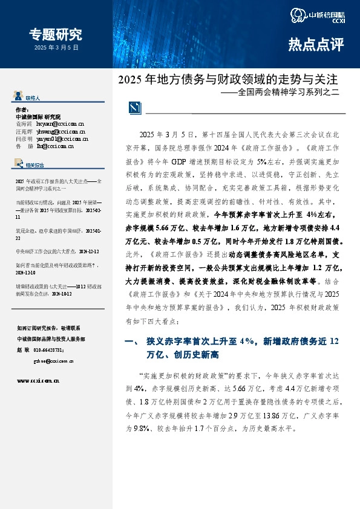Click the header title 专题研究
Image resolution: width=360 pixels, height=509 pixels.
56,34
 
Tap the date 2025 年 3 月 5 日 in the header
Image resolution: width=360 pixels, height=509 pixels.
56,47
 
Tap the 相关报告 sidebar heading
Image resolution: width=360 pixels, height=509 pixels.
35,164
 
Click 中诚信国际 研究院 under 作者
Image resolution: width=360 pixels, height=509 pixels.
38,116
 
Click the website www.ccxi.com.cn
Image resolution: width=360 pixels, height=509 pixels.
38,381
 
